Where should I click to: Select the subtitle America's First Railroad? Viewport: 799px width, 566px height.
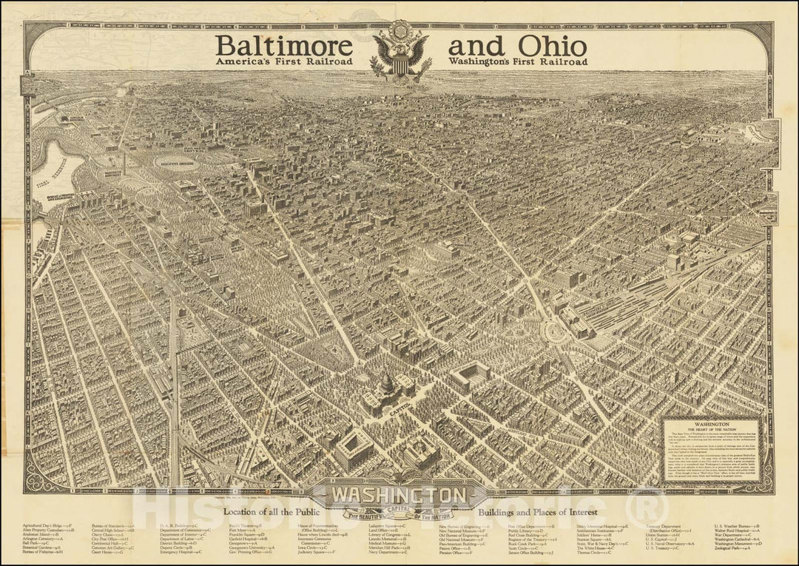tap(284, 62)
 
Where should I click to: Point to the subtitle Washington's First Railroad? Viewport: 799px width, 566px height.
tap(513, 62)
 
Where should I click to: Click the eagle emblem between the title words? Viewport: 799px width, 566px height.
tap(399, 50)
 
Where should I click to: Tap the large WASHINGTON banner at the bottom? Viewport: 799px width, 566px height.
tap(399, 493)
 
